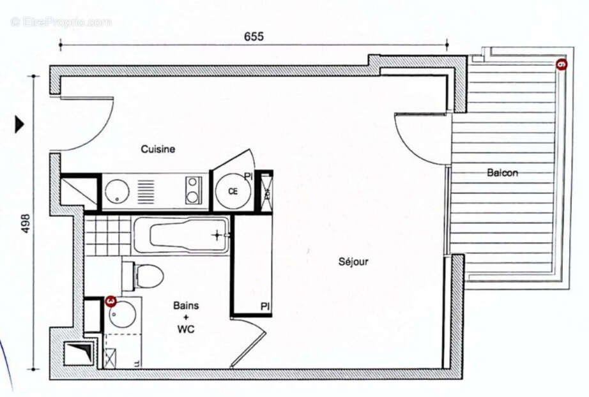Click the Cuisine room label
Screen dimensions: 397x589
(x=158, y=149)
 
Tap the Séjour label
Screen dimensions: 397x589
(x=353, y=261)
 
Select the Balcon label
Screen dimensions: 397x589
(x=502, y=172)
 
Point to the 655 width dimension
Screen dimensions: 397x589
(x=254, y=36)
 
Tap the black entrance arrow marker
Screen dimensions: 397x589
(x=19, y=124)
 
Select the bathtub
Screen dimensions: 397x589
(x=181, y=234)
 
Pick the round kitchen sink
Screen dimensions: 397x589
(x=118, y=191)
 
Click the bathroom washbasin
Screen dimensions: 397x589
(x=121, y=315)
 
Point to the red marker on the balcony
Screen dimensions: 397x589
(x=561, y=64)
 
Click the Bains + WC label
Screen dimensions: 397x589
(x=185, y=317)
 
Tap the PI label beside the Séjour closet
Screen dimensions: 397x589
(x=264, y=307)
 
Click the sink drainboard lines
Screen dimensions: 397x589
(x=146, y=191)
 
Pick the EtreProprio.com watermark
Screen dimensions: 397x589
(x=61, y=22)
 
